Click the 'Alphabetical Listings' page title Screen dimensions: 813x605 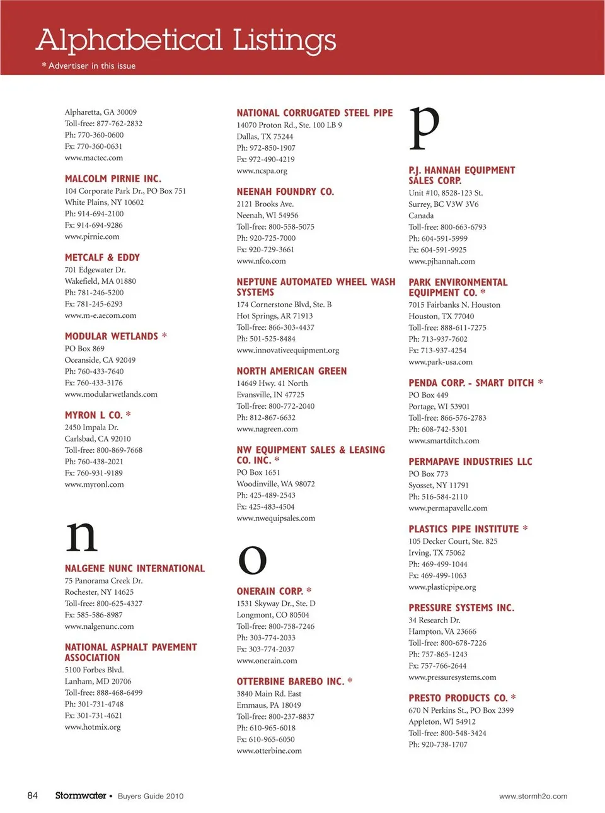186,40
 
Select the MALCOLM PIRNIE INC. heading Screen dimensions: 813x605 113,178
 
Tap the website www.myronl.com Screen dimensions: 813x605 94,484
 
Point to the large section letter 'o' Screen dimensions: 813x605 252,559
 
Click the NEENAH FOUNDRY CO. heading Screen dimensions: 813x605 285,192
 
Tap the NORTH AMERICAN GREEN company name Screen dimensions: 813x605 291,371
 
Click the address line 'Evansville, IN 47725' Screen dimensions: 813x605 270,395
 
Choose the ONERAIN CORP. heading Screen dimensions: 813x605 270,592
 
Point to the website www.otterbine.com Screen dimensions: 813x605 269,751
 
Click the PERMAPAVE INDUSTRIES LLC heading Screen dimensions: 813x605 470,462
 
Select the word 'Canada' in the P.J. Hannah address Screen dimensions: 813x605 421,216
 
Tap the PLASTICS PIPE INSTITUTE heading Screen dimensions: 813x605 463,529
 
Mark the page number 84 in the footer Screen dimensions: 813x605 32,795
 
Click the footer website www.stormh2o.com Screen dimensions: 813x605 533,796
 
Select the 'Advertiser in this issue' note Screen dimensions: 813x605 91,66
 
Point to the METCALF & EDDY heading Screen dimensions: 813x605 102,257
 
